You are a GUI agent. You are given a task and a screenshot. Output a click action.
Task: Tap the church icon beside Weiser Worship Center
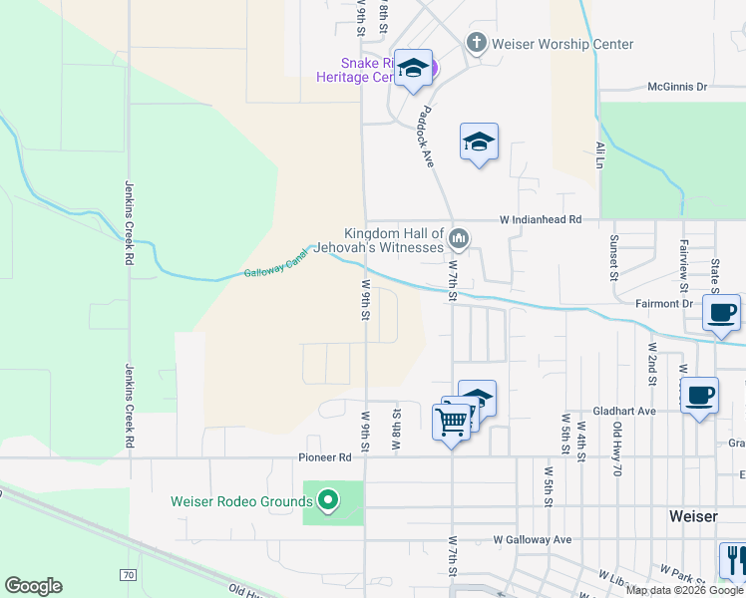477,43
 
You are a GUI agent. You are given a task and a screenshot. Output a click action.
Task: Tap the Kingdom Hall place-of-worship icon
459,237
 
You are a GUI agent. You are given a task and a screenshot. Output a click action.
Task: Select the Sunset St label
613,258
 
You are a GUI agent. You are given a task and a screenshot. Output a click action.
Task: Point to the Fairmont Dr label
664,303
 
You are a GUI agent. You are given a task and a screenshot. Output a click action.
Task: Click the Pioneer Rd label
325,457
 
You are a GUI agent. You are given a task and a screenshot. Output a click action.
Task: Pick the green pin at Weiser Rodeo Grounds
328,498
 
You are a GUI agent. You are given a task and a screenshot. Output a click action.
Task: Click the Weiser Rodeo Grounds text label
242,501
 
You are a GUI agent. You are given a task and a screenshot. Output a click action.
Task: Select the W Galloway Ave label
533,539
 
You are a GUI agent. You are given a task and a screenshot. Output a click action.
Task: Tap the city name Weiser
693,516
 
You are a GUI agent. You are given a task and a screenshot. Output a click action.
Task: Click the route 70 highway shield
128,575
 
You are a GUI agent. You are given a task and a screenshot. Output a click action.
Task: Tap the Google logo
33,586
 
